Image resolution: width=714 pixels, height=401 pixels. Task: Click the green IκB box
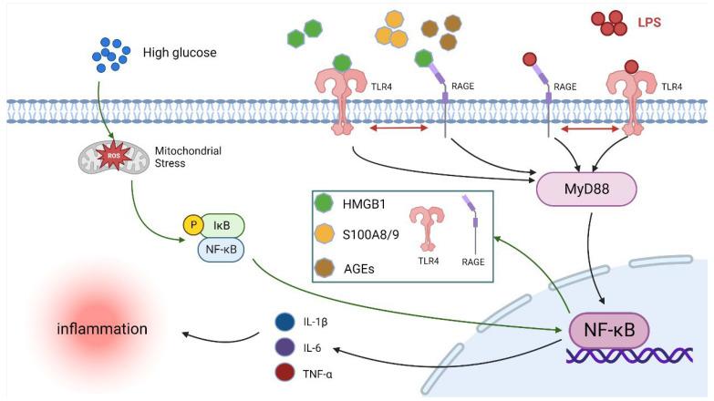(x=222, y=224)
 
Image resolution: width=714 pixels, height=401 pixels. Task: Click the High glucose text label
(x=180, y=53)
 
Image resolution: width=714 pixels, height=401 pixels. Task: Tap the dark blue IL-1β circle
(x=284, y=323)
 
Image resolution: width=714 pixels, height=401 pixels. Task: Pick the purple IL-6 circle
(x=284, y=348)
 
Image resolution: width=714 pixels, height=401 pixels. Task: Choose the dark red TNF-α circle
(x=284, y=373)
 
